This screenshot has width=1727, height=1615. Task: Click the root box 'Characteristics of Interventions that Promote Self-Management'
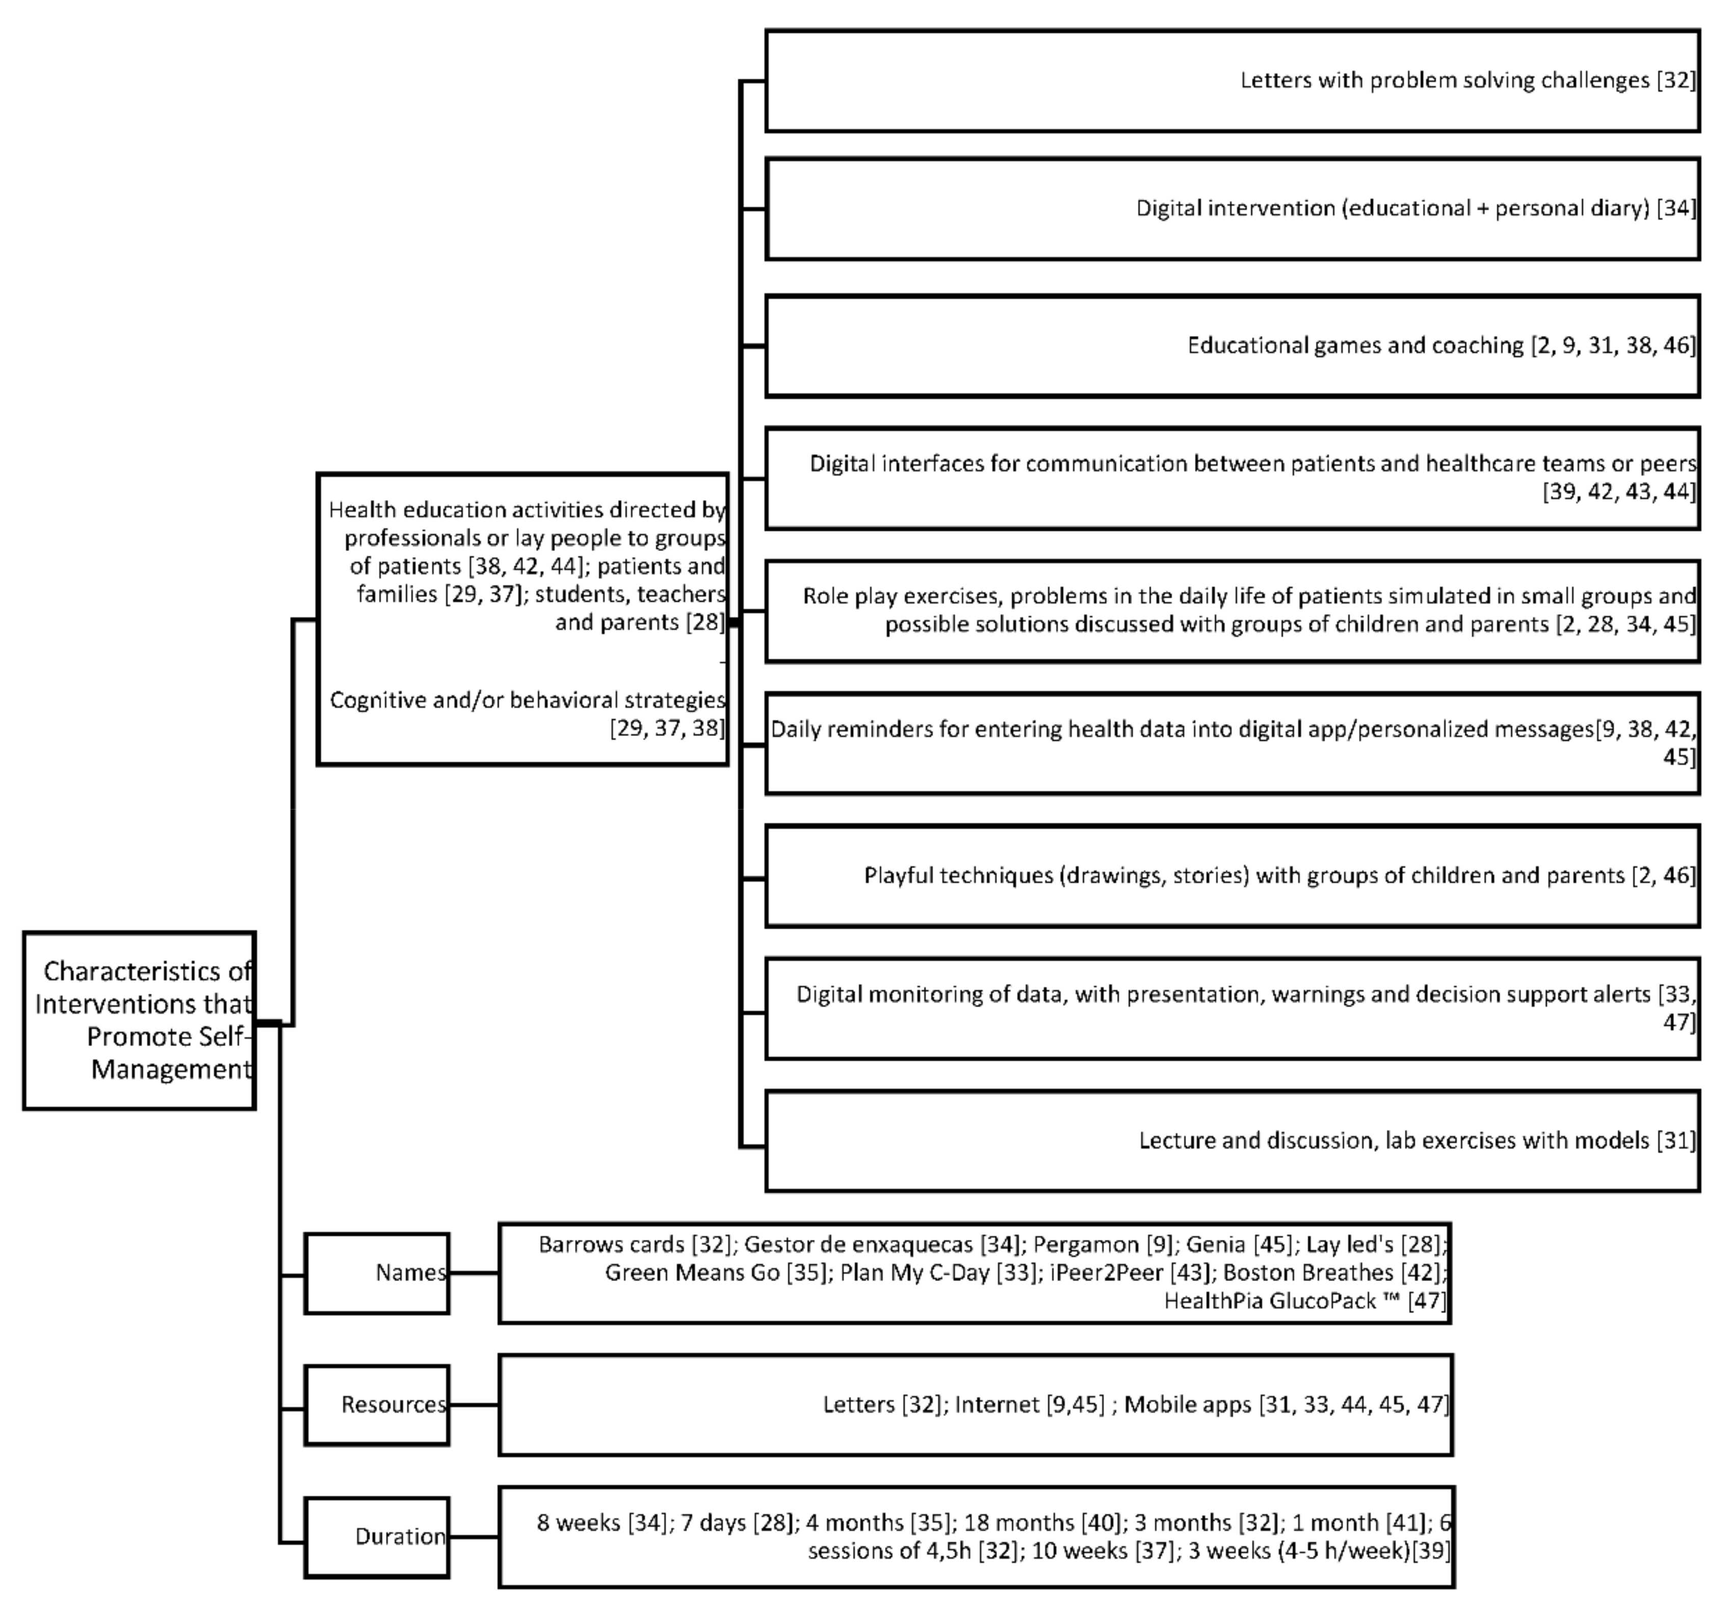(139, 1020)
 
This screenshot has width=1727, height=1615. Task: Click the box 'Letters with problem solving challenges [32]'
(1232, 81)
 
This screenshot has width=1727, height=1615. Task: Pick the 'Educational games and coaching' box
(1232, 346)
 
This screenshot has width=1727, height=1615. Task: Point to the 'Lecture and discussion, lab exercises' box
(1232, 1141)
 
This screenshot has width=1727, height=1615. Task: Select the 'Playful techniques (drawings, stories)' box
(1232, 876)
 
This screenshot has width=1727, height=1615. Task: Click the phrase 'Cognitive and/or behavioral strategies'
(527, 700)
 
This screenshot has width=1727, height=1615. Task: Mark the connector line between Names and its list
(474, 1273)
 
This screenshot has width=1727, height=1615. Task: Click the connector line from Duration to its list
(474, 1537)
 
